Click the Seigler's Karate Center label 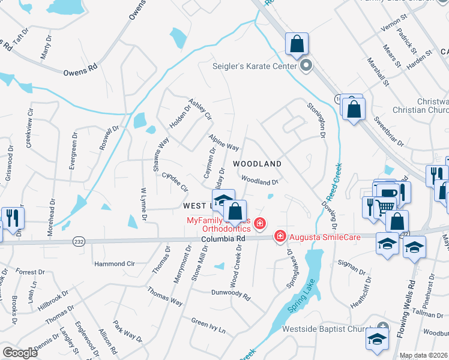pyautogui.click(x=255, y=66)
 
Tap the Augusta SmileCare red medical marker pyautogui.click(x=280, y=237)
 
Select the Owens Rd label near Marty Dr pyautogui.click(x=80, y=71)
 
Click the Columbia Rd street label pyautogui.click(x=223, y=238)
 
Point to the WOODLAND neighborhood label pyautogui.click(x=257, y=163)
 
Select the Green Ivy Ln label pyautogui.click(x=208, y=326)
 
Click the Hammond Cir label pyautogui.click(x=115, y=263)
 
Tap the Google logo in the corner pyautogui.click(x=20, y=353)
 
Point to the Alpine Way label pyautogui.click(x=224, y=143)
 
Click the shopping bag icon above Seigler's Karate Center pyautogui.click(x=297, y=44)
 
